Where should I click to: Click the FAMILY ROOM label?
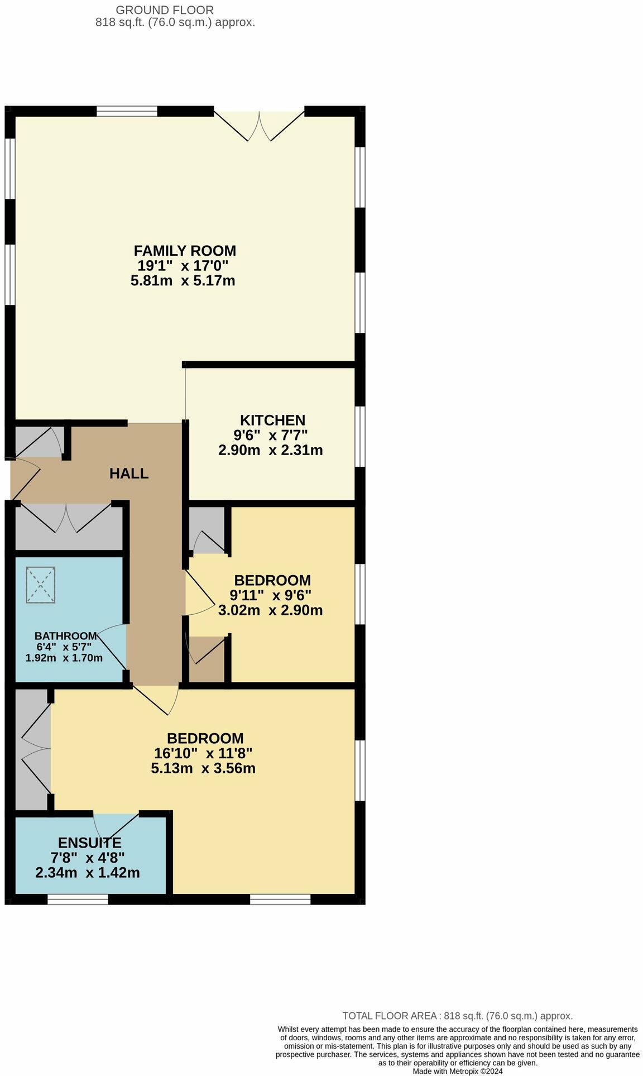tap(185, 251)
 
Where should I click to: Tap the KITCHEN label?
tap(272, 420)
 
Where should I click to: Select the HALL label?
tap(129, 474)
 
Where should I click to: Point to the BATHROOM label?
tap(66, 636)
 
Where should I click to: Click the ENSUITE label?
tap(89, 843)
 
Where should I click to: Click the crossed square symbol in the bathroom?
tap(41, 585)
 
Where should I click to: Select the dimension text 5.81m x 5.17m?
tap(183, 280)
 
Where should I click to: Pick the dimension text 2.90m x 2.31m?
tap(270, 450)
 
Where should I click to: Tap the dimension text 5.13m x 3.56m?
tap(203, 768)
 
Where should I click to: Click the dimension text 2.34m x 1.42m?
tap(88, 872)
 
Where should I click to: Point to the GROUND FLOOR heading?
tap(164, 9)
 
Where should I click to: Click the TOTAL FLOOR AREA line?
tap(457, 1016)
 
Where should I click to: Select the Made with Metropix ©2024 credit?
tap(458, 1072)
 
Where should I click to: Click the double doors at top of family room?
tap(260, 126)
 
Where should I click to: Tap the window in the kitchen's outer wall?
tap(360, 436)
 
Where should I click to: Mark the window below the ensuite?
tap(78, 900)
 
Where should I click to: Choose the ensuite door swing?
tap(116, 826)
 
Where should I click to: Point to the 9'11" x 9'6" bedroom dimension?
tap(270, 595)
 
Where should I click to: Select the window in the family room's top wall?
tap(127, 112)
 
